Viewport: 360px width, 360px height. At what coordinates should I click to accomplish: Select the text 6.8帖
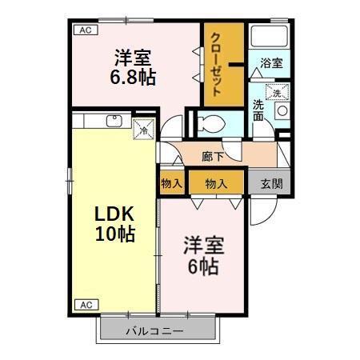point(134,78)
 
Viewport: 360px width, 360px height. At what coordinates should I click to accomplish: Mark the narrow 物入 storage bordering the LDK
point(171,183)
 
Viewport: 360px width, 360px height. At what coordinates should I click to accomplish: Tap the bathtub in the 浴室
point(270,36)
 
